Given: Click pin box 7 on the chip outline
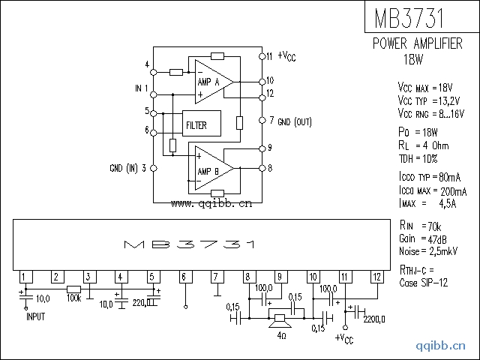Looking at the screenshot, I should (x=216, y=277).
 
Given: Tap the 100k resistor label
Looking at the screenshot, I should (x=73, y=298).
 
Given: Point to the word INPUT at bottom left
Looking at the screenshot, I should (x=36, y=317).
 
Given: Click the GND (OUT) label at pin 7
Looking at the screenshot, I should (x=295, y=121).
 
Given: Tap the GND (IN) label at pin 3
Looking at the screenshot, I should (x=128, y=168).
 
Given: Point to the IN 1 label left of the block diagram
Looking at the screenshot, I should (x=141, y=88).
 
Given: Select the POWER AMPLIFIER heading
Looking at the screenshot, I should (x=418, y=44).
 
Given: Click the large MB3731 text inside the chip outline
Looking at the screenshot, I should (x=190, y=245).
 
